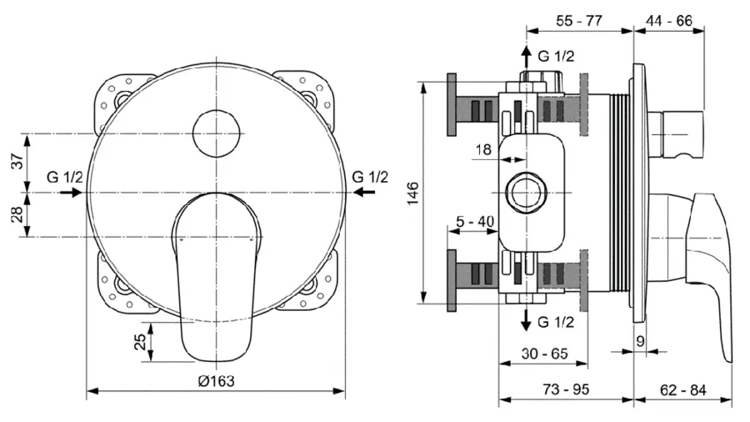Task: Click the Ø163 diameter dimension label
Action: pyautogui.click(x=216, y=380)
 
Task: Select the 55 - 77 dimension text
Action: pyautogui.click(x=578, y=22)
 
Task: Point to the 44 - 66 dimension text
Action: pyautogui.click(x=669, y=22)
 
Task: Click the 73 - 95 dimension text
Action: pyautogui.click(x=567, y=390)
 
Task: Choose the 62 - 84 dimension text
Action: pyautogui.click(x=683, y=390)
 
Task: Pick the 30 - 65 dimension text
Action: pyautogui.click(x=543, y=354)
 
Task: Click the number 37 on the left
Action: pyautogui.click(x=17, y=163)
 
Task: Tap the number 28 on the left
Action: pyautogui.click(x=17, y=215)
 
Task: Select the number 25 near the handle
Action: pyautogui.click(x=141, y=342)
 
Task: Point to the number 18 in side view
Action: pyautogui.click(x=483, y=149)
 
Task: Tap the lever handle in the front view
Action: pyautogui.click(x=216, y=275)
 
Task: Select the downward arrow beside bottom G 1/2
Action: pyautogui.click(x=526, y=320)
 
